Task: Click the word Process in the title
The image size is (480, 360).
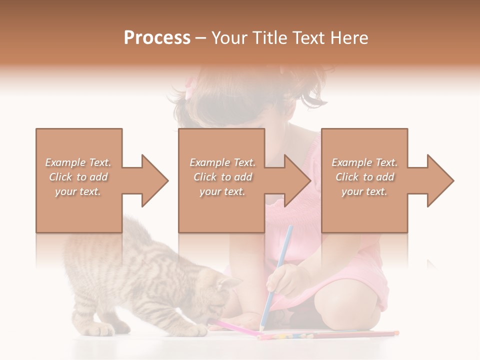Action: pos(157,38)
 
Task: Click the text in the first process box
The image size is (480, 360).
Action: pos(78,177)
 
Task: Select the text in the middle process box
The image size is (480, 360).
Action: pos(222,177)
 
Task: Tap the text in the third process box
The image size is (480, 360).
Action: pos(364,177)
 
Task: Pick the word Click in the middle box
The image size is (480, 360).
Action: pos(204,177)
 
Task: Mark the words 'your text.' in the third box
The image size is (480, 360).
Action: pos(364,191)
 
